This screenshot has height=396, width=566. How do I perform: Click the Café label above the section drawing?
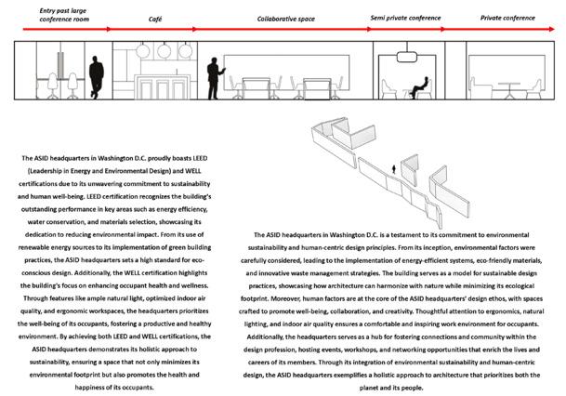(x=155, y=18)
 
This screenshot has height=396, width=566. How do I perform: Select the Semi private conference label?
(x=406, y=18)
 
